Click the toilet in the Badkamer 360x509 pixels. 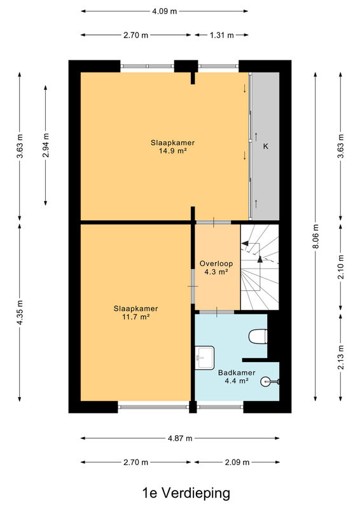point(258,336)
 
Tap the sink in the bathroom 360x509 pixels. point(205,358)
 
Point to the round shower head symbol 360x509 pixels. point(265,381)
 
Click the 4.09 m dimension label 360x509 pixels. point(165,11)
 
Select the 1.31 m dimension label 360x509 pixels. point(222,35)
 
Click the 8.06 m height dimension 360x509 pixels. point(316,236)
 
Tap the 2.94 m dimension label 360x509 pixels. point(46,145)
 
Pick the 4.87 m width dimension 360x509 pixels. point(180,438)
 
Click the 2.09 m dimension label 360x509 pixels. point(237,463)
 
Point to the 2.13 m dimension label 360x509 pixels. point(341,357)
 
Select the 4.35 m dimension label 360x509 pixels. point(20,312)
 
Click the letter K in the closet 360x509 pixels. point(265,146)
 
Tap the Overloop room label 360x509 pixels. point(216,263)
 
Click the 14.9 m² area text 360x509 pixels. point(172,151)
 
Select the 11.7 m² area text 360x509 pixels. point(135,317)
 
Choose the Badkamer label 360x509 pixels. point(237,373)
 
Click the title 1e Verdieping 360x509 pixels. point(186,492)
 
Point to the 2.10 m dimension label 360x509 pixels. point(341,267)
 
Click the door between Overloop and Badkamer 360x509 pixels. point(216,312)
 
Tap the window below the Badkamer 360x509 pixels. point(221,407)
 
